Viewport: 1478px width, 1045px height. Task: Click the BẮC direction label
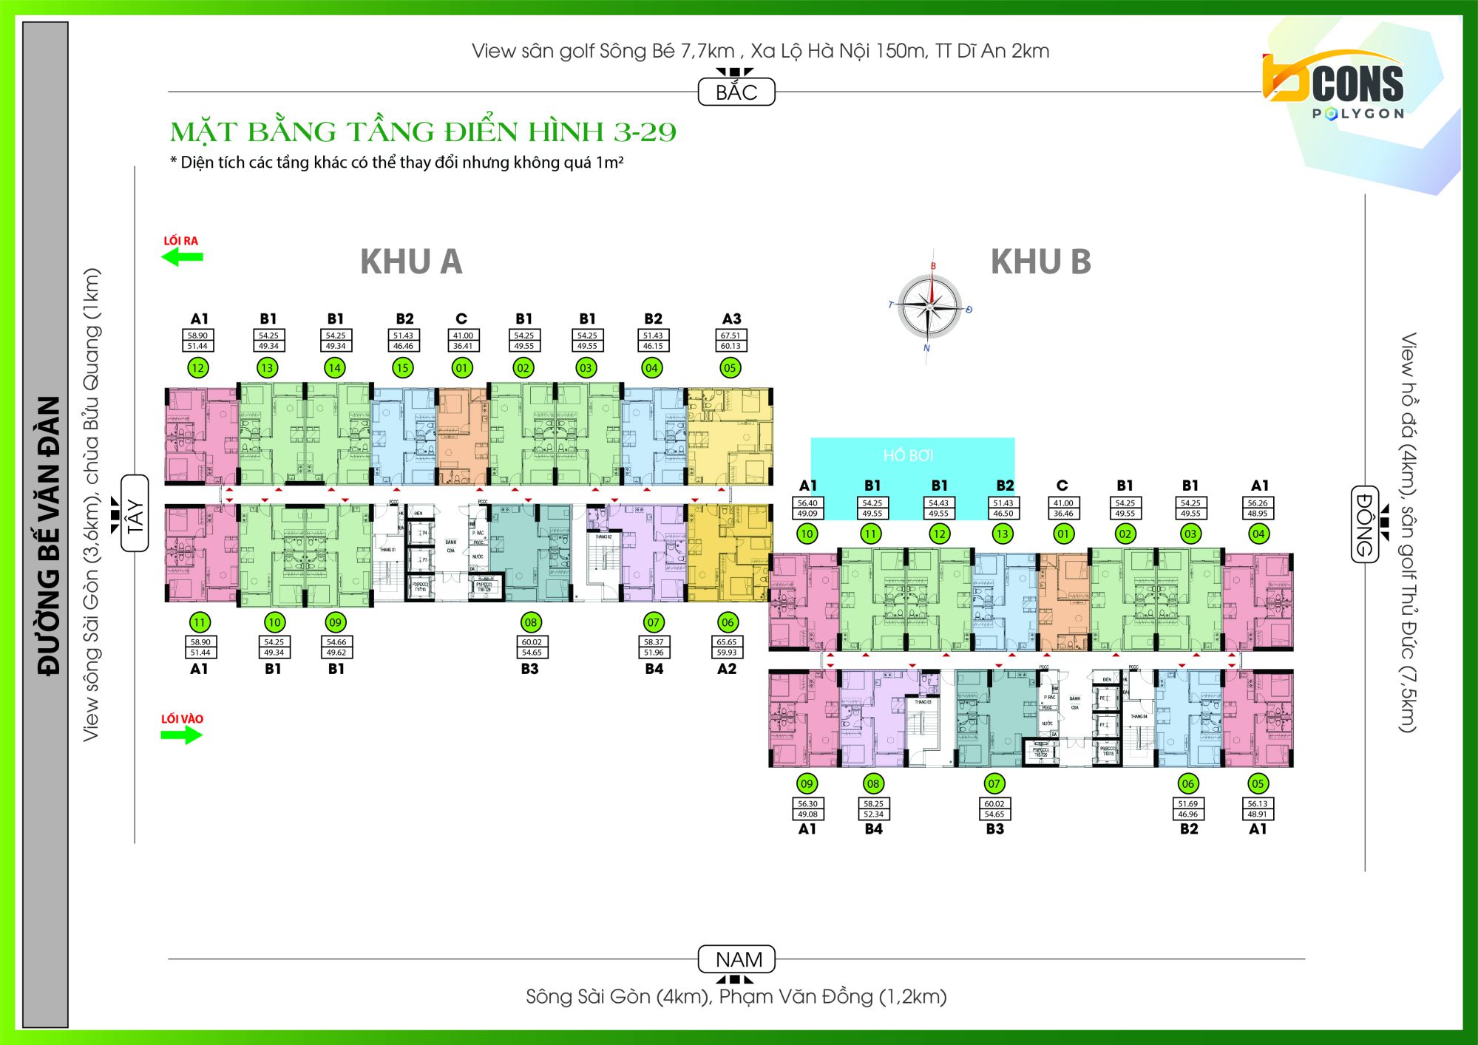[736, 92]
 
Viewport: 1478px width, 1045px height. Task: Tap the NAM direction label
[738, 959]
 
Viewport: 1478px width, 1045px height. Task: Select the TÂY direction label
[135, 514]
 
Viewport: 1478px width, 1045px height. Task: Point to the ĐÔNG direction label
[1364, 524]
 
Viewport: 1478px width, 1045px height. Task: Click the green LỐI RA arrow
[182, 257]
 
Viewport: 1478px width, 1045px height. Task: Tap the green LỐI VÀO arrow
[182, 735]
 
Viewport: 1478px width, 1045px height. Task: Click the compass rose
[930, 304]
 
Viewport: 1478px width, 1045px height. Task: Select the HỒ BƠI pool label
[908, 455]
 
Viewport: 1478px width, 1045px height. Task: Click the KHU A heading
[411, 262]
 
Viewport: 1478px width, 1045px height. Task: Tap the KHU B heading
[1040, 262]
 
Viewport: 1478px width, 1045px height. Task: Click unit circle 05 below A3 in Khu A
[730, 367]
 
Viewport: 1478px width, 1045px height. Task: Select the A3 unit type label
[731, 319]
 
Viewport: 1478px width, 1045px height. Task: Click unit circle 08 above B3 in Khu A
[531, 622]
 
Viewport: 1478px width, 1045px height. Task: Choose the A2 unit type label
[727, 669]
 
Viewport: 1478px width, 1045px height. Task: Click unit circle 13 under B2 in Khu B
[1003, 534]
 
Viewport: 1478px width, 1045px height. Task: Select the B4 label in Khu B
[873, 829]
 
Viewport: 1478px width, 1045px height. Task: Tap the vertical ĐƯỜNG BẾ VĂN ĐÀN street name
[48, 536]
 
